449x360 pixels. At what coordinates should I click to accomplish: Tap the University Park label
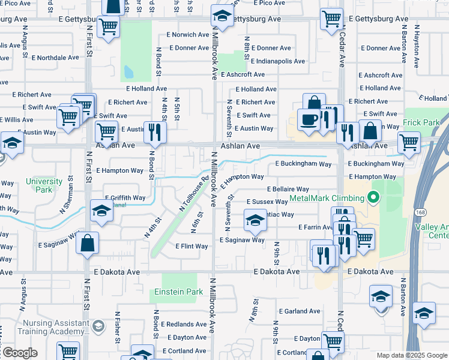click(x=44, y=185)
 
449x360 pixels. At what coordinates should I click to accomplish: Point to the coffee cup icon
click(x=309, y=119)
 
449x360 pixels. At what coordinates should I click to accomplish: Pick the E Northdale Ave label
click(x=55, y=58)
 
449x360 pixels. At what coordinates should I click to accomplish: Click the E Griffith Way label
click(x=125, y=197)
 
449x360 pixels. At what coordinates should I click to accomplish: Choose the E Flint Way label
click(x=191, y=246)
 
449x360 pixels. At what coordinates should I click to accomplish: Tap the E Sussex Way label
click(x=268, y=202)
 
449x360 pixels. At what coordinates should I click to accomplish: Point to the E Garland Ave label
click(x=303, y=311)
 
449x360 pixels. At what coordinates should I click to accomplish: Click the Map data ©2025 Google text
click(x=411, y=355)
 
